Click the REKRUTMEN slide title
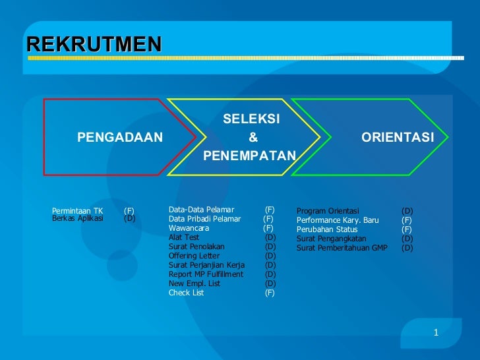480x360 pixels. (x=94, y=44)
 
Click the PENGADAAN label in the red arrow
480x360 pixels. (x=119, y=137)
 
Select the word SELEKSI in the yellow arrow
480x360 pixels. (x=251, y=119)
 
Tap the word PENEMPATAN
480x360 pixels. (x=251, y=156)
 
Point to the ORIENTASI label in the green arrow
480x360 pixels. (x=397, y=137)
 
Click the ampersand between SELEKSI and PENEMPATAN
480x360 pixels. (x=251, y=137)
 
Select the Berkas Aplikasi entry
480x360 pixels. (x=77, y=219)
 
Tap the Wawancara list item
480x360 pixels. (x=189, y=228)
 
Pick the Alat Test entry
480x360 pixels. (x=183, y=237)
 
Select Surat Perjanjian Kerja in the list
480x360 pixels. (x=206, y=265)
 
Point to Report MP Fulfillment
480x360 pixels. (x=206, y=274)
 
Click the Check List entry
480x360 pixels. (x=186, y=293)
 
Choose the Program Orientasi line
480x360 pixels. (x=328, y=211)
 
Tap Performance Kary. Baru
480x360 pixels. (x=338, y=220)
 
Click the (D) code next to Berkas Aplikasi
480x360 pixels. (x=129, y=219)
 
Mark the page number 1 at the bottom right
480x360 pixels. (x=436, y=332)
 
